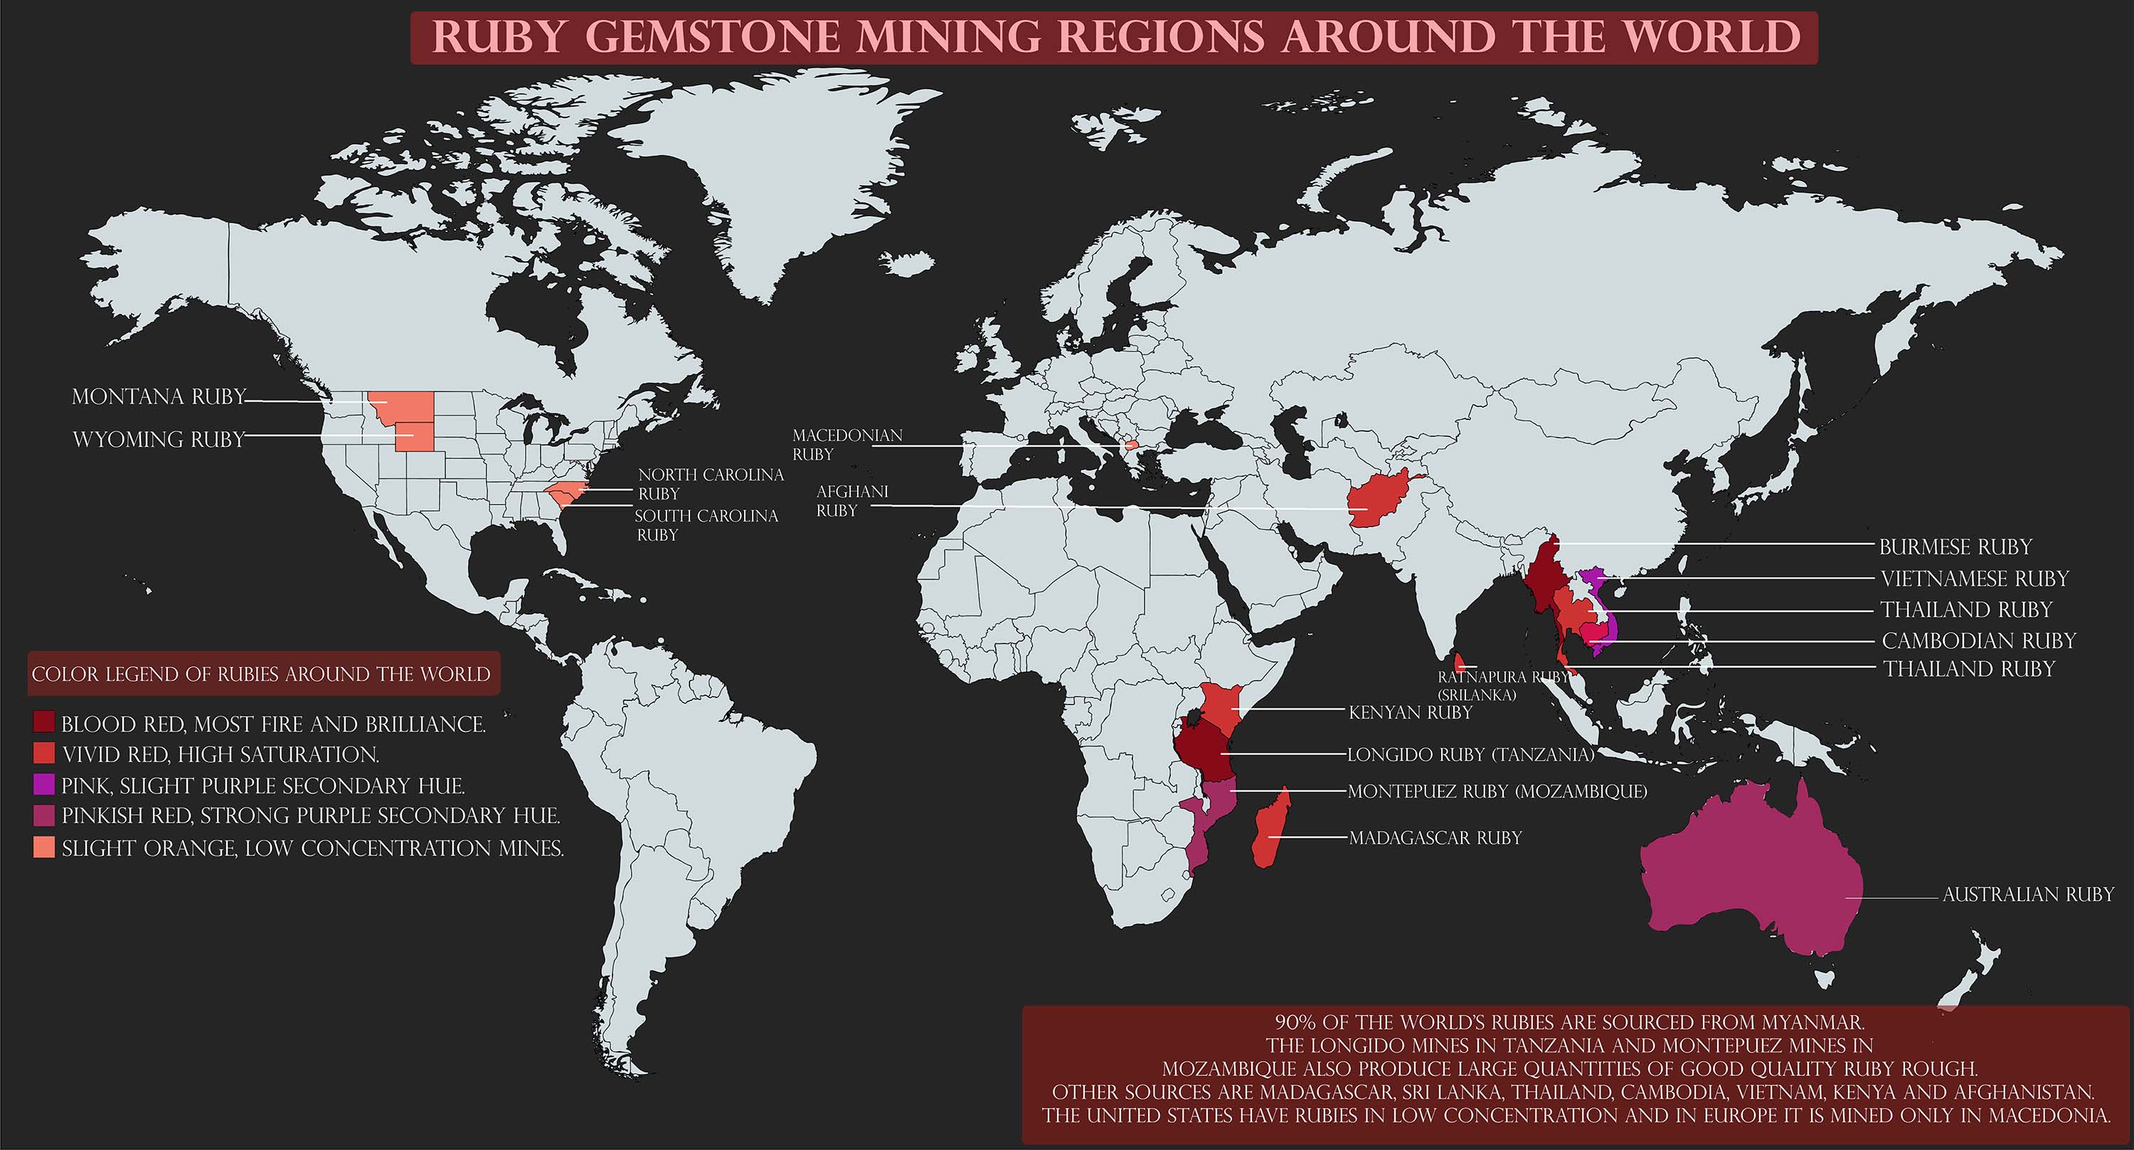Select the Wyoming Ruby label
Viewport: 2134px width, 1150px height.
point(159,439)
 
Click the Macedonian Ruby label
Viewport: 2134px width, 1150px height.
point(846,444)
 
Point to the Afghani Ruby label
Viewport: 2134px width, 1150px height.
point(851,500)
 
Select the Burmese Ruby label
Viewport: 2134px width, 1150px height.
point(1955,547)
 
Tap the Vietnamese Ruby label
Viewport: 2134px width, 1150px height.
point(1974,579)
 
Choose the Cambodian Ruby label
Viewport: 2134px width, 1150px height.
point(1978,640)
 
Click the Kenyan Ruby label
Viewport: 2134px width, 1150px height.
point(1410,712)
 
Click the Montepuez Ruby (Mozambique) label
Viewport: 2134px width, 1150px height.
point(1497,791)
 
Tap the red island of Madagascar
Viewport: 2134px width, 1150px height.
point(1268,828)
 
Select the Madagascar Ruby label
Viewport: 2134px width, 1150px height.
point(1435,838)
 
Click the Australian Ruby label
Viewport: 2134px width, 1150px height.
point(2028,894)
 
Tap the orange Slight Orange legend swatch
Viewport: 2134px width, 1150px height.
point(44,847)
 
